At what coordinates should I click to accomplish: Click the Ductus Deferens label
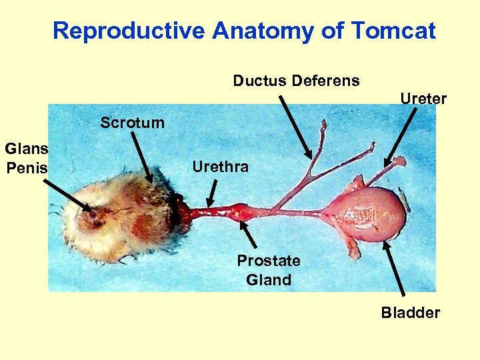pos(296,81)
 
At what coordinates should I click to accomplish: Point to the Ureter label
pos(423,99)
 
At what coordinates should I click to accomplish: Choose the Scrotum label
pos(132,123)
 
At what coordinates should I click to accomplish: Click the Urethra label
pos(220,167)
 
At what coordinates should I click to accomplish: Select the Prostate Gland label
pos(269,270)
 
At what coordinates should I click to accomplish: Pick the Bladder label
pos(411,313)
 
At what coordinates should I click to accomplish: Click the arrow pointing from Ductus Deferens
pos(295,126)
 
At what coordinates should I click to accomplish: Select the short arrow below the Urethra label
pos(212,194)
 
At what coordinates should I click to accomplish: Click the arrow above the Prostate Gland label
pos(249,234)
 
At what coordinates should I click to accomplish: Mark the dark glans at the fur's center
pos(91,214)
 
